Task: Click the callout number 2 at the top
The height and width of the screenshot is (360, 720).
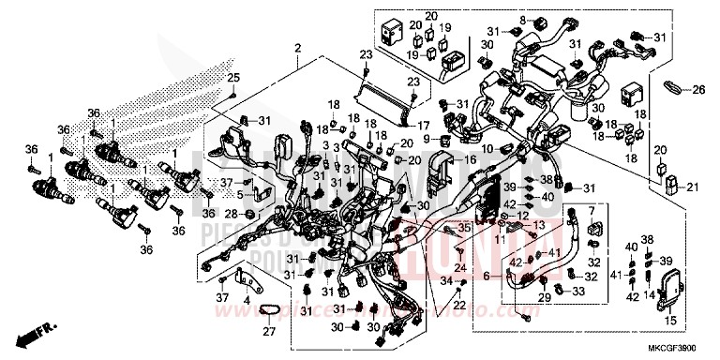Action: point(297,48)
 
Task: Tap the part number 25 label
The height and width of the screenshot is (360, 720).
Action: point(234,77)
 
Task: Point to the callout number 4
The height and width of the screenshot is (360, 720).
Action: point(246,300)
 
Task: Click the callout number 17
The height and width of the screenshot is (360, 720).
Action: point(423,125)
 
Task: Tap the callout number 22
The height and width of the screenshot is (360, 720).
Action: point(458,305)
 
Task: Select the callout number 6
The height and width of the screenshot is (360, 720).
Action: point(487,276)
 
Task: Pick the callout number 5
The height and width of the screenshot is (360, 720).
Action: point(241,195)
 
